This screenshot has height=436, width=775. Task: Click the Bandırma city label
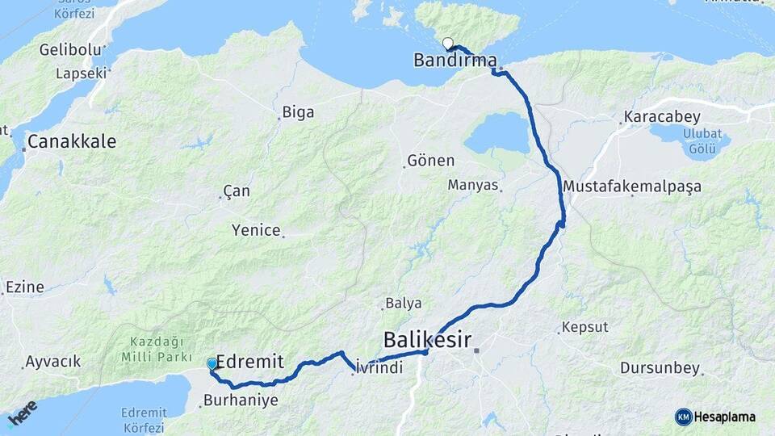455,60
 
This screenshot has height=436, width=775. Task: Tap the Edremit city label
250,363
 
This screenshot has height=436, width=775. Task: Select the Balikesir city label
427,337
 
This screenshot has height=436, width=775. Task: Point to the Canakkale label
71,142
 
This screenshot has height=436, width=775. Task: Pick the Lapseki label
81,73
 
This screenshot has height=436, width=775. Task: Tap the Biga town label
298,113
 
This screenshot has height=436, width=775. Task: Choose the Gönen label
431,161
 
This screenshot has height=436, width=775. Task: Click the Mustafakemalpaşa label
632,187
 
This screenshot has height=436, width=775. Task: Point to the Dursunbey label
660,368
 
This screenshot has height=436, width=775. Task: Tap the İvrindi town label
379,367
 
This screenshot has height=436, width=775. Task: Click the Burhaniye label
241,400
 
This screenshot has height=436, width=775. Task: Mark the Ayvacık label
53,362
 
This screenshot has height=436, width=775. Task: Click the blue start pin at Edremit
212,364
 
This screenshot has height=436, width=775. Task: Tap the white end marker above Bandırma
447,44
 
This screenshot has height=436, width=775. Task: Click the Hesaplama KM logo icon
684,417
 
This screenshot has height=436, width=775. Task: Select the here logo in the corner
22,413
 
